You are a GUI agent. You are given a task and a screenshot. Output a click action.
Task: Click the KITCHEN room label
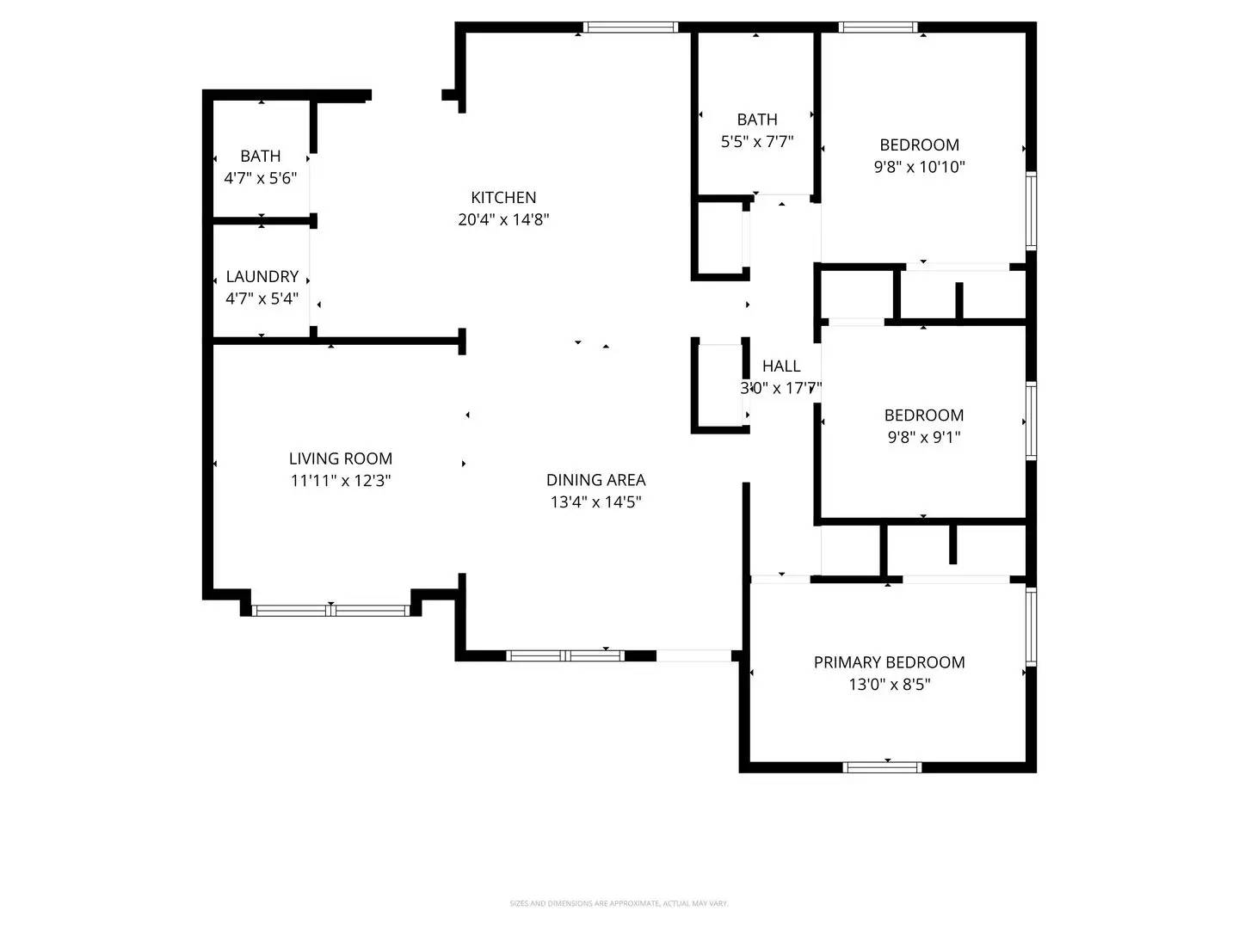503,198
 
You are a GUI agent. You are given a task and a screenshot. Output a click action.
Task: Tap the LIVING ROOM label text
341,458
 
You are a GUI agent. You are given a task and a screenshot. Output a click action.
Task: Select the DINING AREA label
595,480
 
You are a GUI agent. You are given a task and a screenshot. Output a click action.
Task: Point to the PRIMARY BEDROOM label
889,662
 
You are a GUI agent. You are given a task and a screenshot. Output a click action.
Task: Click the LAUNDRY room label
262,276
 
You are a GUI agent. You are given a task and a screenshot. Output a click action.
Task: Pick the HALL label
780,366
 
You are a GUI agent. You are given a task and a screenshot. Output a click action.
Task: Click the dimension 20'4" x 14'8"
503,219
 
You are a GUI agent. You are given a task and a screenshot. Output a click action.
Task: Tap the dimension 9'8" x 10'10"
919,167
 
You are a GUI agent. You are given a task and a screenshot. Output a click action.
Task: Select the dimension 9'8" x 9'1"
923,437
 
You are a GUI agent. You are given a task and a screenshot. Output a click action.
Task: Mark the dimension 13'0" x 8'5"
889,685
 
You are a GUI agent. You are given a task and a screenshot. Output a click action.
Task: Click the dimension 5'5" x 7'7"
756,142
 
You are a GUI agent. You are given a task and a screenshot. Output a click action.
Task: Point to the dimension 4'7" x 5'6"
260,178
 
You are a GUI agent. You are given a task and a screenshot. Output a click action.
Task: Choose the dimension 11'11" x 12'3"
341,481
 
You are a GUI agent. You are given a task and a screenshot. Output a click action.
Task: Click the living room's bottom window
331,611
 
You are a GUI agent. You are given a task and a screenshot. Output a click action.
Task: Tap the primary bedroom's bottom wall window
882,766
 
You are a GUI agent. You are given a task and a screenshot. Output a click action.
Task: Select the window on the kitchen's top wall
631,28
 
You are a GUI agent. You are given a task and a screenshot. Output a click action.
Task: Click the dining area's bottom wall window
565,655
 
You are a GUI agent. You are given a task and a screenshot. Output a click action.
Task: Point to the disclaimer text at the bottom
619,903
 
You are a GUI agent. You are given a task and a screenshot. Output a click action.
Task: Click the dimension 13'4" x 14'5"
595,502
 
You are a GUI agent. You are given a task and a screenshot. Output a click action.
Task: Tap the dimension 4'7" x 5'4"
262,298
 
